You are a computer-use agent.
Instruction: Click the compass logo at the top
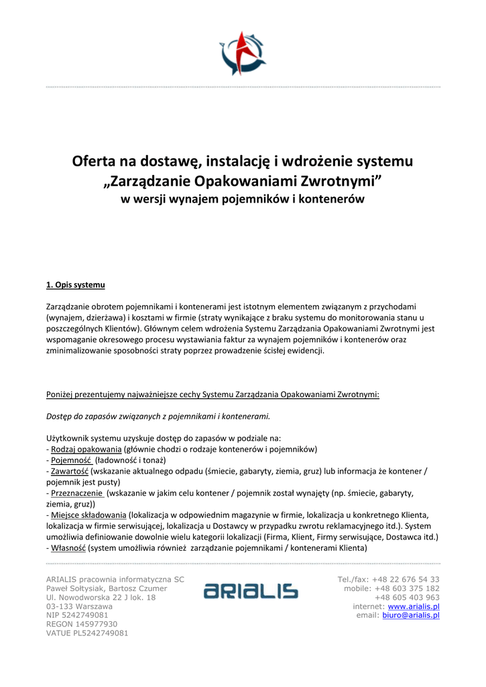tap(243, 54)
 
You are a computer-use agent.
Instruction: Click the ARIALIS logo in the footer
tap(251, 591)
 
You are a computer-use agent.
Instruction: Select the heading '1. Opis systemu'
tap(76, 285)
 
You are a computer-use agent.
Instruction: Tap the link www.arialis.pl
tap(414, 606)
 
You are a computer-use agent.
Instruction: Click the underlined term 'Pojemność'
tap(71, 460)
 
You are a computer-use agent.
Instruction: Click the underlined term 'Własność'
tap(68, 547)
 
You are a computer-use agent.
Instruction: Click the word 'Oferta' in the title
tap(94, 162)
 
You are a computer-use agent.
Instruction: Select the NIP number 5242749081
tap(87, 615)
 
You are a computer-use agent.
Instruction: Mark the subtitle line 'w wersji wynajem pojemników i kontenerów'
tap(242, 200)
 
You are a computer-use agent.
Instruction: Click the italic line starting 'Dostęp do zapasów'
tap(158, 416)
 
